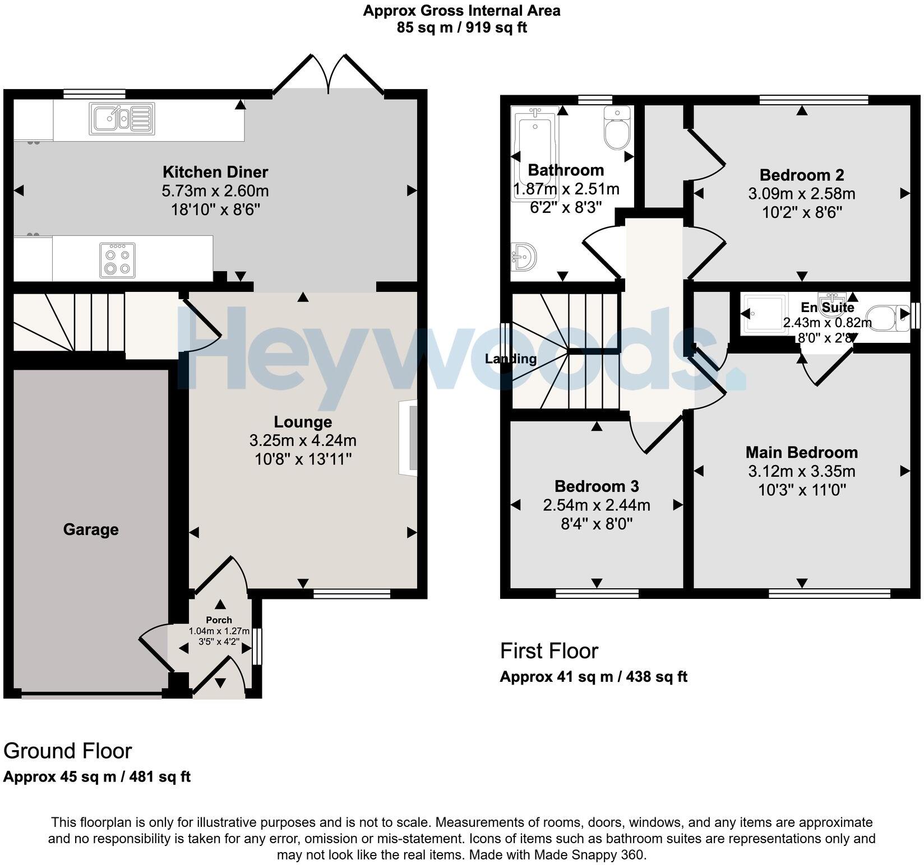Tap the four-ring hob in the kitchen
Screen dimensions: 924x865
[117, 260]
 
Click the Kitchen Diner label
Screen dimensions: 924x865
[215, 171]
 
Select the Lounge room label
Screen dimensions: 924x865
[303, 421]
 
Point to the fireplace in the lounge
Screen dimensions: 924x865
[408, 438]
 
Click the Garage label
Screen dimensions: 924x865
[91, 529]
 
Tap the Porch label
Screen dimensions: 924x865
[219, 620]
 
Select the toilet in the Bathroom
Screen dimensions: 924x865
[617, 128]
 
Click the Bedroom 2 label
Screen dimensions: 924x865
[802, 175]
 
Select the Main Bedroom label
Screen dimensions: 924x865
[802, 452]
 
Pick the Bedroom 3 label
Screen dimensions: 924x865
[597, 486]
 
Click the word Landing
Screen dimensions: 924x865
[511, 359]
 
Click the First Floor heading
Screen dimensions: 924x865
[549, 651]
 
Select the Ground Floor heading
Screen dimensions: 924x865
[68, 751]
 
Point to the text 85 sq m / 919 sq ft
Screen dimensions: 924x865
[462, 27]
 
